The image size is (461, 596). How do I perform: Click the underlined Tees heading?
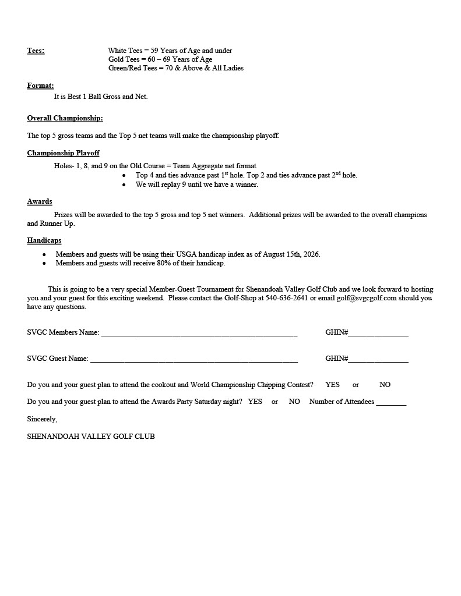(36, 51)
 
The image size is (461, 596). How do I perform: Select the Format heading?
(40, 86)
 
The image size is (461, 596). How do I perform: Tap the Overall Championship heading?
(65, 118)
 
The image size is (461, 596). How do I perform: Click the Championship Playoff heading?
(63, 153)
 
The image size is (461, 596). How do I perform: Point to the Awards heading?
(40, 201)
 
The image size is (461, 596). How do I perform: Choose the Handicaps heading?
(44, 240)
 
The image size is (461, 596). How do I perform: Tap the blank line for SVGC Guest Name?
(194, 360)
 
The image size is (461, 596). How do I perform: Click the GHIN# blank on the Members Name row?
(378, 334)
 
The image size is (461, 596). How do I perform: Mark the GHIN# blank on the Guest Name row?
(378, 360)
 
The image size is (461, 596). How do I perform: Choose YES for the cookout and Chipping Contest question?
(332, 385)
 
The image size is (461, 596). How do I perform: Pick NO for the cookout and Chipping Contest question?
(385, 385)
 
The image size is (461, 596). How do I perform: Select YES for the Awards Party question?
(255, 402)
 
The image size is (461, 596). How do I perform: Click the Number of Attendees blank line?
(391, 403)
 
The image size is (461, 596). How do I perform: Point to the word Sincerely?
(42, 419)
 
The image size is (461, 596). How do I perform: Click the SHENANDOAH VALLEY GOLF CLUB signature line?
(91, 436)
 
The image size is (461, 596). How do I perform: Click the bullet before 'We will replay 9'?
(124, 185)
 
